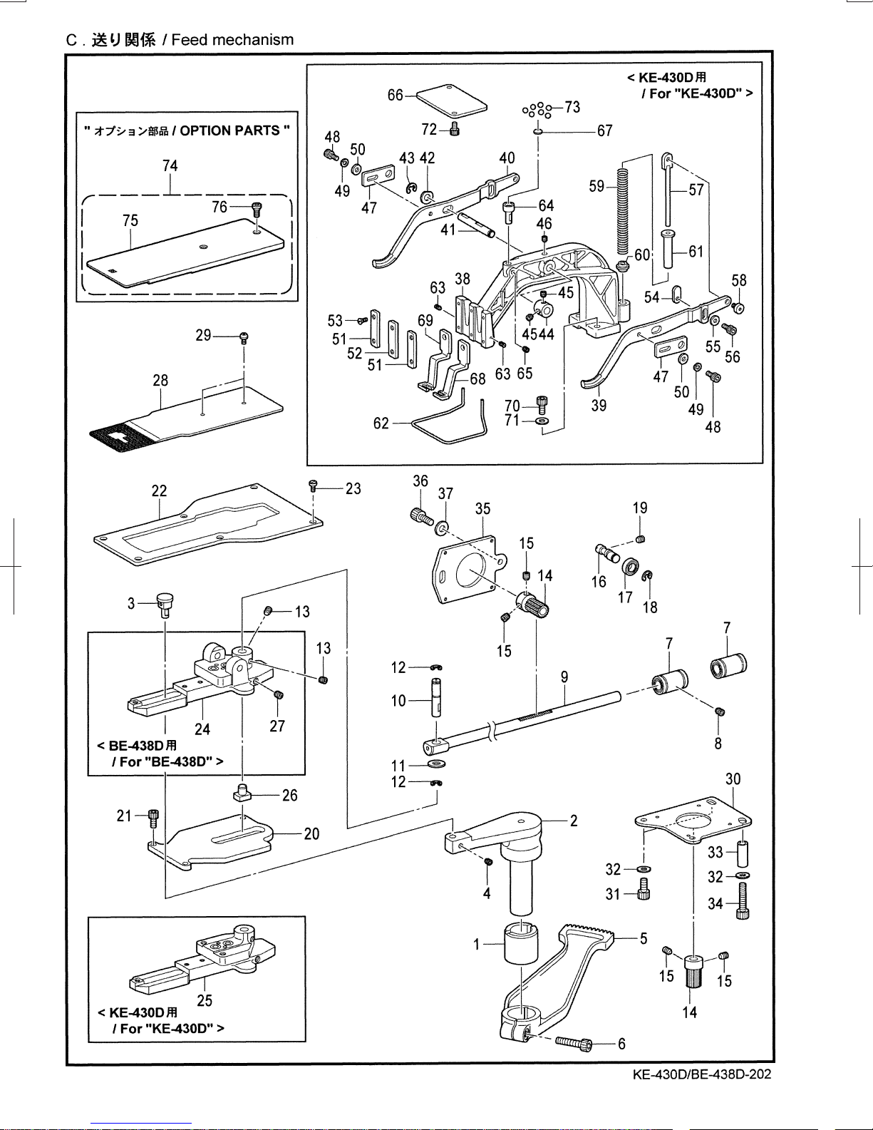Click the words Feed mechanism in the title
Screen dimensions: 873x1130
[232, 39]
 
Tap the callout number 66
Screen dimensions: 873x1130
[396, 95]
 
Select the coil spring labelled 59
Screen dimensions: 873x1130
[621, 208]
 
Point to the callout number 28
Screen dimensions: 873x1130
[160, 380]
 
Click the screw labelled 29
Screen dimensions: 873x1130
[244, 338]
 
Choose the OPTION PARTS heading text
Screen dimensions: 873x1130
[234, 130]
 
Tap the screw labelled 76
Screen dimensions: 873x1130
[256, 209]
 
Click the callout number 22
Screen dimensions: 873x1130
[159, 490]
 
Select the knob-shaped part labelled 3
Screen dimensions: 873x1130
[164, 605]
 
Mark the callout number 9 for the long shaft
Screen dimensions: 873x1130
[564, 677]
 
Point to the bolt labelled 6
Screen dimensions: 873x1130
[574, 1042]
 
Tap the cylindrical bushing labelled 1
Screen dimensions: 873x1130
[521, 945]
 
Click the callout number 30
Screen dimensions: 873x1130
[733, 779]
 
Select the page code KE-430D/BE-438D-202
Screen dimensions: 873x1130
[702, 1074]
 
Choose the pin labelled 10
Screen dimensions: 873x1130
[436, 697]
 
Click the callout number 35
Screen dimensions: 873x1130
[482, 508]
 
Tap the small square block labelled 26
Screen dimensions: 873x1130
[241, 793]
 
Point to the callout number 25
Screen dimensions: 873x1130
[205, 1000]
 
